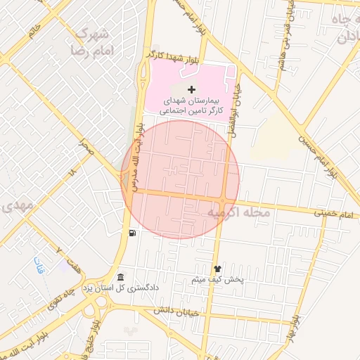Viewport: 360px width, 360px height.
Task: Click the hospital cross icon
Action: coord(191,89)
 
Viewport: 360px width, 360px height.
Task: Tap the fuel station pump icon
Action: coord(131,233)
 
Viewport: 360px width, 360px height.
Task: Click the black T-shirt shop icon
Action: coord(217,268)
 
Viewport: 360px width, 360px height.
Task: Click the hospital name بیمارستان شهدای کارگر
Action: coord(192,105)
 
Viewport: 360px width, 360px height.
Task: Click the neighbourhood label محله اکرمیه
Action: coord(239,211)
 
